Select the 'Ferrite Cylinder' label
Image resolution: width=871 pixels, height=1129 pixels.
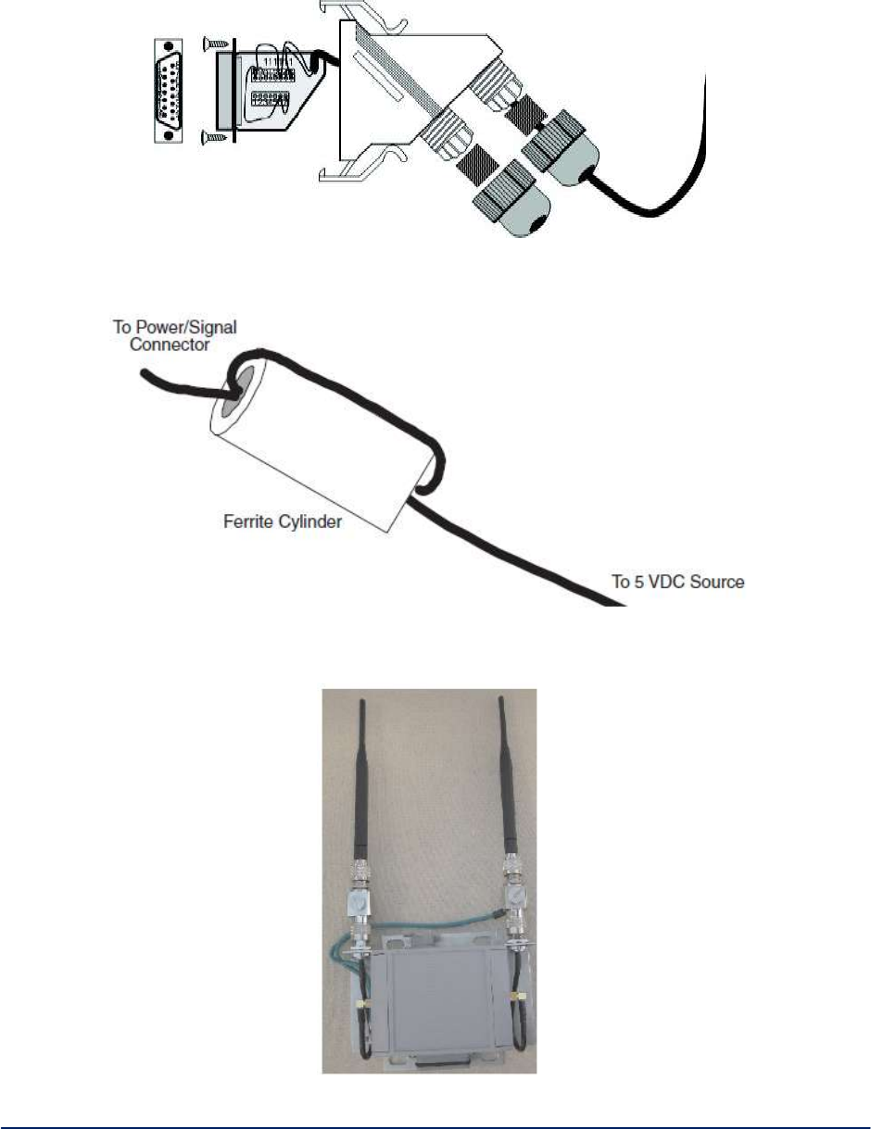[x=284, y=522]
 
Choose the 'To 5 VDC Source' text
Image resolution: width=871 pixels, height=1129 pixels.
[x=677, y=583]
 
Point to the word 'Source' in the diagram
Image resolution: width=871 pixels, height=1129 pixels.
[x=717, y=583]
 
